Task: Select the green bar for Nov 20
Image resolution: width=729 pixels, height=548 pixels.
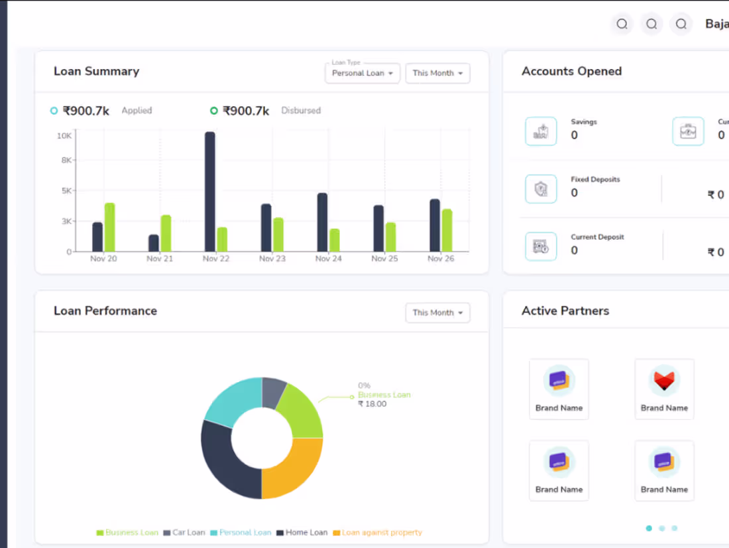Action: (109, 227)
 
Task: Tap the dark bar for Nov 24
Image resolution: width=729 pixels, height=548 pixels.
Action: (322, 222)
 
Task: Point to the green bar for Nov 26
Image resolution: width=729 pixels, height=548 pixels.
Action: (447, 230)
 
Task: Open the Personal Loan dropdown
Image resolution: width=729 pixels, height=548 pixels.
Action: (363, 73)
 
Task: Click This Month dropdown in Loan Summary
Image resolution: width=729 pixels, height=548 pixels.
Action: (437, 73)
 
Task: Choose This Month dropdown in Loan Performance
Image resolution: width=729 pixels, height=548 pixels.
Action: (437, 312)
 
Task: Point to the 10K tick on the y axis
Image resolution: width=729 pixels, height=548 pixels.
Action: (64, 135)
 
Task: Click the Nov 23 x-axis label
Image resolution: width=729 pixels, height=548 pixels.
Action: (272, 259)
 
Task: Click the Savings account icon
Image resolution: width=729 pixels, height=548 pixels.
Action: (541, 131)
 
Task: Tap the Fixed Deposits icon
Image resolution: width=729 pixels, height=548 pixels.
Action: (541, 188)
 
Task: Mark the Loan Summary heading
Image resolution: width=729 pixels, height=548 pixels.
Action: (97, 71)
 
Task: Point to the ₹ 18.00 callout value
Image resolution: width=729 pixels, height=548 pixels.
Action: (372, 404)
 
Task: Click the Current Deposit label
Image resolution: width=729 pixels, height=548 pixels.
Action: (597, 237)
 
